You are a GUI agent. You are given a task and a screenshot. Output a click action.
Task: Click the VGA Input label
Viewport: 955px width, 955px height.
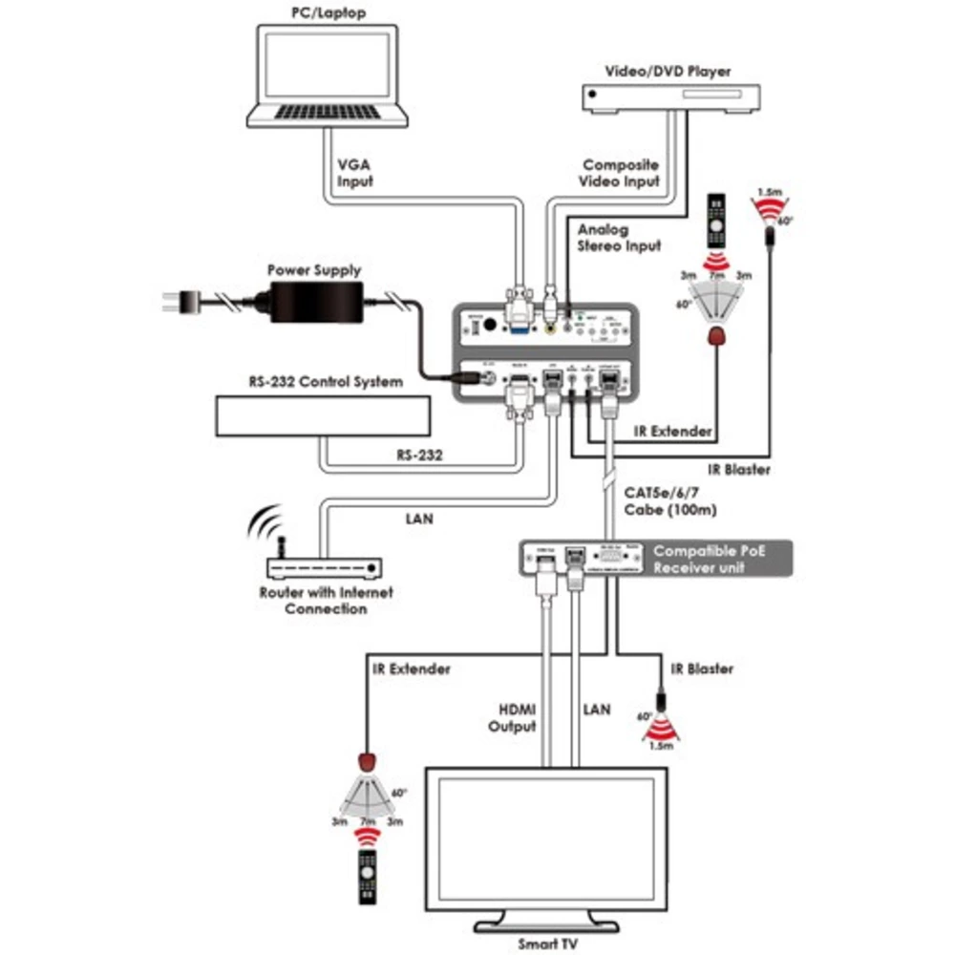pyautogui.click(x=354, y=172)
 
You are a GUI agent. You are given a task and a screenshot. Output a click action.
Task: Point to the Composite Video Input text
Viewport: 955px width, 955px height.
pyautogui.click(x=621, y=173)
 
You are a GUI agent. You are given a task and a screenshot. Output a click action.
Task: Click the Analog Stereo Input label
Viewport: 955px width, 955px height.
pyautogui.click(x=618, y=238)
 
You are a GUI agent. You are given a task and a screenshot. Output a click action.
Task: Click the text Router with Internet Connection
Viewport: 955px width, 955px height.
pyautogui.click(x=326, y=601)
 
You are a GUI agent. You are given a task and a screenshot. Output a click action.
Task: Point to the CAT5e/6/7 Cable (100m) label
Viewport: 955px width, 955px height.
pyautogui.click(x=669, y=501)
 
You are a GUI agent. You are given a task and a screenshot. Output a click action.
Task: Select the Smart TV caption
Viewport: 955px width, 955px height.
pyautogui.click(x=542, y=943)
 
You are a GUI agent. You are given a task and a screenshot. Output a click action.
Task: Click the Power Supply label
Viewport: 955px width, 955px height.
pyautogui.click(x=314, y=270)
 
